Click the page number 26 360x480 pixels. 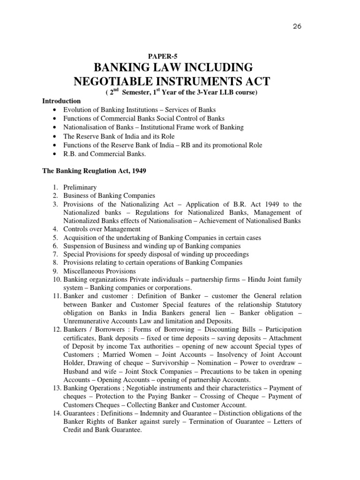click(x=296, y=26)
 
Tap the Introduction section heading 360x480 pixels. click(x=61, y=101)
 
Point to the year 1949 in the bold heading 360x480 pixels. click(x=139, y=171)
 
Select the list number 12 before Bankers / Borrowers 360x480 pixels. click(x=55, y=330)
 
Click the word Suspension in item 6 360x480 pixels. click(x=80, y=246)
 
